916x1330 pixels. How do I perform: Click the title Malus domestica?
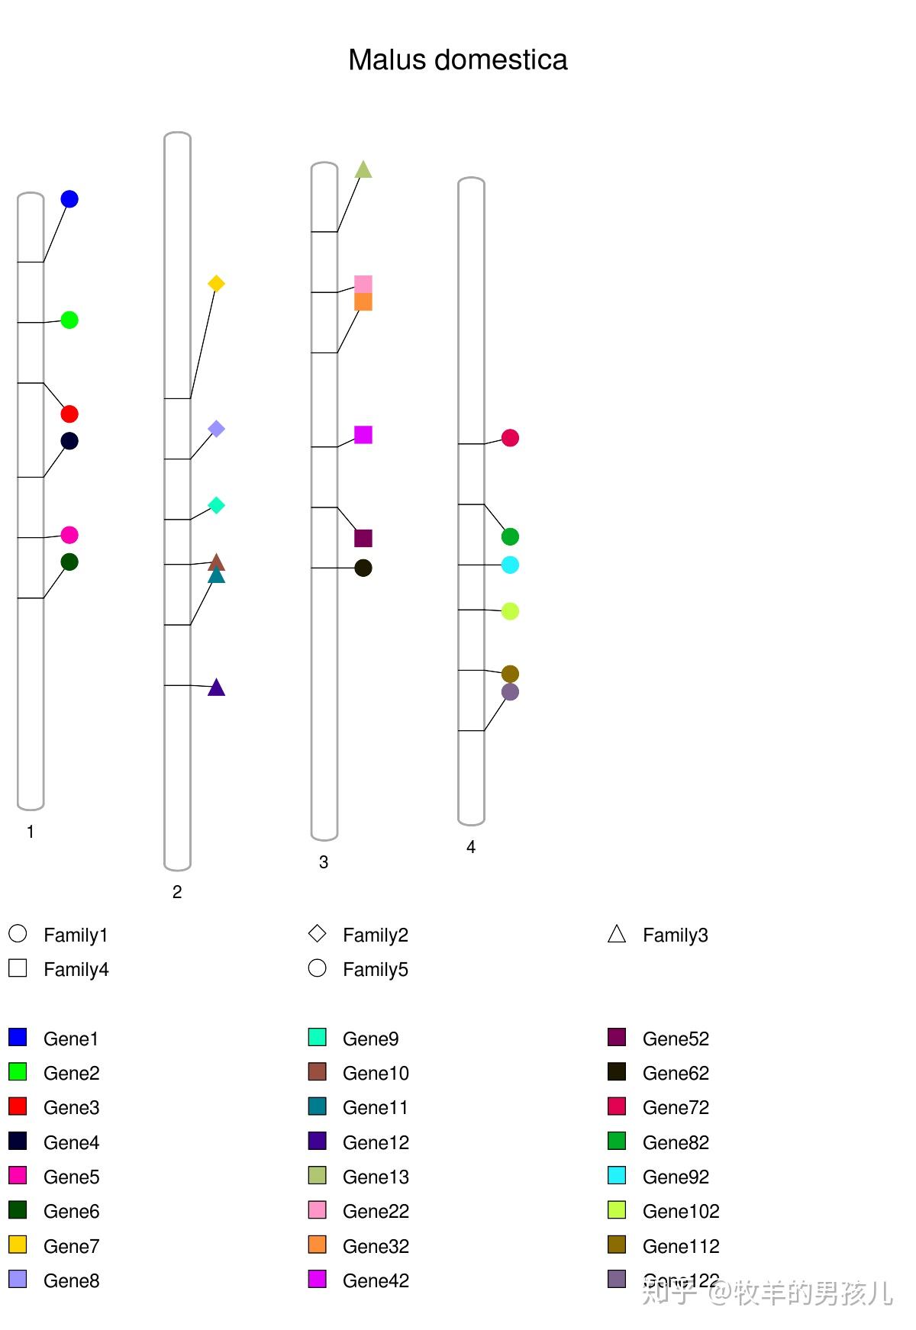pyautogui.click(x=457, y=60)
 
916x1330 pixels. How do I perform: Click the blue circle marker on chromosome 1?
pyautogui.click(x=69, y=199)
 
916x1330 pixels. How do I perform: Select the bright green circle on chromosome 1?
pyautogui.click(x=69, y=320)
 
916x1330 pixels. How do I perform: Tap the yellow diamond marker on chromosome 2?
pyautogui.click(x=216, y=284)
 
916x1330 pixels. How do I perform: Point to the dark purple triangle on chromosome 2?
pyautogui.click(x=217, y=688)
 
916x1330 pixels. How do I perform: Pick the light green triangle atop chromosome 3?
pyautogui.click(x=363, y=169)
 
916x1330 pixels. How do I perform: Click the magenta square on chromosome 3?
pyautogui.click(x=363, y=435)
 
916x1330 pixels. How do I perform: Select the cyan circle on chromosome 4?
pyautogui.click(x=510, y=565)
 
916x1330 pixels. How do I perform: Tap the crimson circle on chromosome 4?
pyautogui.click(x=510, y=438)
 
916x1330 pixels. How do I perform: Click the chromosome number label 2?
pyautogui.click(x=177, y=892)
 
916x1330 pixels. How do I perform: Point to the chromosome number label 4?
pyautogui.click(x=471, y=847)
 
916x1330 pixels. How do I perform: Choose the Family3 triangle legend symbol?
pyautogui.click(x=617, y=934)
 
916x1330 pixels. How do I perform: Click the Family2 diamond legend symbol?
pyautogui.click(x=317, y=933)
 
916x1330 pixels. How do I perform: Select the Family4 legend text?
pyautogui.click(x=76, y=969)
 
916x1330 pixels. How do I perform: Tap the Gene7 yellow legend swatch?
pyautogui.click(x=18, y=1245)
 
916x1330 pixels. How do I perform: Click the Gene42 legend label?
pyautogui.click(x=376, y=1280)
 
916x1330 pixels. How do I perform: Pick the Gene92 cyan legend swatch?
pyautogui.click(x=617, y=1175)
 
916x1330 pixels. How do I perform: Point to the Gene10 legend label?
pyautogui.click(x=376, y=1073)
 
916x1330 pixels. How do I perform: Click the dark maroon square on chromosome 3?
pyautogui.click(x=363, y=538)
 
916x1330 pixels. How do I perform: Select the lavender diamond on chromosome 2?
pyautogui.click(x=216, y=429)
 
